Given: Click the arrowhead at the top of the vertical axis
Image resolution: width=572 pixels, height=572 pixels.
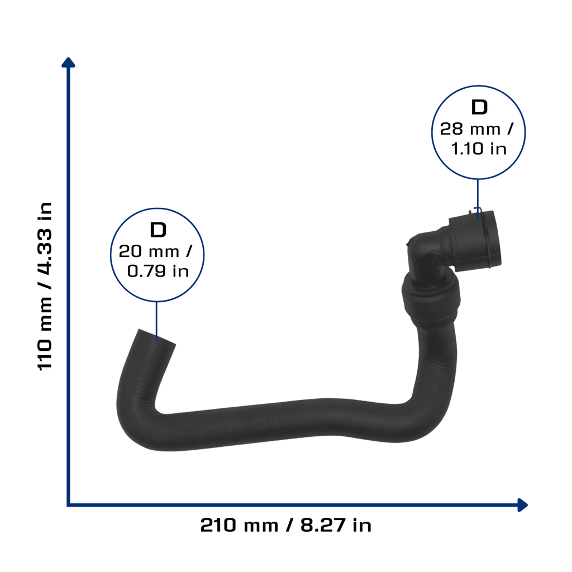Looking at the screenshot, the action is tap(68, 62).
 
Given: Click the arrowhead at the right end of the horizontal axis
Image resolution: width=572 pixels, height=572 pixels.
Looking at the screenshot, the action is tap(523, 505).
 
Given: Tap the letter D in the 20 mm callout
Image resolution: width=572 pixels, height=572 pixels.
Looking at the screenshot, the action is tap(158, 230).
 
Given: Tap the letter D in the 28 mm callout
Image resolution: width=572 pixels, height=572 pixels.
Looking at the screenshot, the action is tap(479, 107).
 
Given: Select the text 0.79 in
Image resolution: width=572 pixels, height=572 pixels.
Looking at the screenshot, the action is tap(158, 271).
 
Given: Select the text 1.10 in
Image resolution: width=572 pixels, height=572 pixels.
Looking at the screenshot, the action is tap(479, 149).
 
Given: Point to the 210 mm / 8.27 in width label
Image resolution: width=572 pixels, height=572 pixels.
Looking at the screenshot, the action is tap(286, 525).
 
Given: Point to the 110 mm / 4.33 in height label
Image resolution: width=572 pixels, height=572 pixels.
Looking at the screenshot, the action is tap(45, 287).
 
